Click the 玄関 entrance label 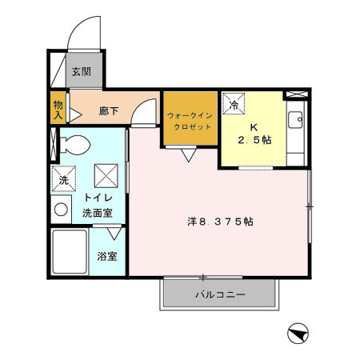[x=81, y=71]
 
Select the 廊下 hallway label [x=109, y=110]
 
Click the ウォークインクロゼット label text [x=190, y=121]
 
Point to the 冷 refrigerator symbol [x=235, y=105]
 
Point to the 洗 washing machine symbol [x=64, y=179]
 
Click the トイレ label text [x=97, y=198]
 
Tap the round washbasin [x=61, y=210]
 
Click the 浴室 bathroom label [x=108, y=257]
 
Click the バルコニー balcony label [x=220, y=295]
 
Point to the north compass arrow [x=296, y=332]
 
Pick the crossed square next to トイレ [x=106, y=174]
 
